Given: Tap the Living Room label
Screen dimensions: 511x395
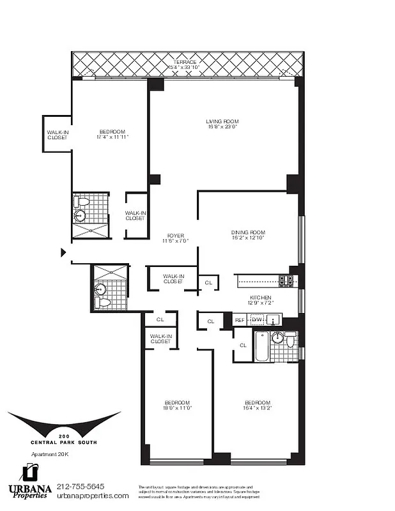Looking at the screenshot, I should [x=222, y=121].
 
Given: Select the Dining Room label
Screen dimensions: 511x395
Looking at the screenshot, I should [x=248, y=232].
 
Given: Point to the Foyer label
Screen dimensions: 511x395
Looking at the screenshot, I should [x=176, y=235].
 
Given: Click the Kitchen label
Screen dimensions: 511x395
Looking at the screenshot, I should [x=261, y=298].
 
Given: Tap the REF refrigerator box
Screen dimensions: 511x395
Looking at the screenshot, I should [x=240, y=320].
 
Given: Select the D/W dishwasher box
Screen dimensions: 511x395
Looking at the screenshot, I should [x=257, y=320].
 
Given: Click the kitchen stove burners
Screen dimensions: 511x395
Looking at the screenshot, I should [x=286, y=280].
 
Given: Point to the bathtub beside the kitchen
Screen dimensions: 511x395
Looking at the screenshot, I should [x=261, y=346].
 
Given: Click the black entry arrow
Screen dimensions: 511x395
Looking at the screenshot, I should [x=63, y=252].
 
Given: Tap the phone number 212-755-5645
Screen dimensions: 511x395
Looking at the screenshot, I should [x=80, y=487].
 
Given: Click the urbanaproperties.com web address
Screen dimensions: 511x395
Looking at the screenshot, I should [x=93, y=496].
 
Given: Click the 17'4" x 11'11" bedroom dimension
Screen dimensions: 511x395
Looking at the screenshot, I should [x=112, y=137].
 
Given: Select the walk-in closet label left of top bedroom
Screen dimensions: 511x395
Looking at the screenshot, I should [x=57, y=135].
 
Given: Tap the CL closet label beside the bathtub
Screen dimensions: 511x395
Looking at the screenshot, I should [x=243, y=345].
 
